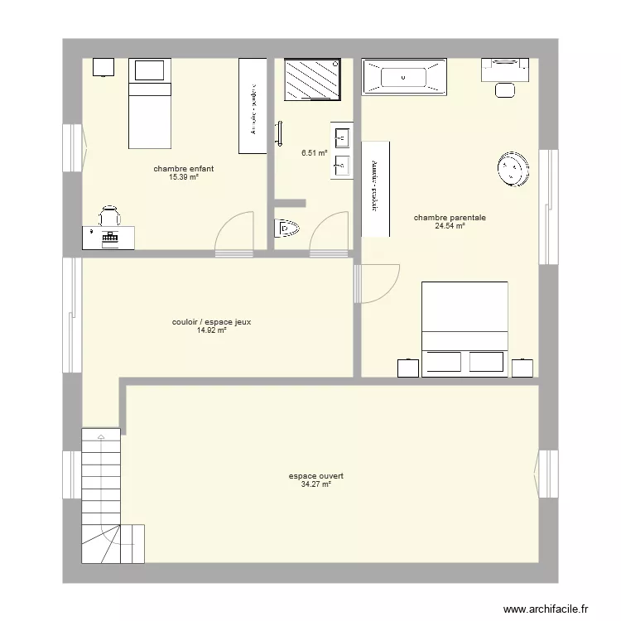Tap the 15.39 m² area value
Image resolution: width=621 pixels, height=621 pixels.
(x=183, y=177)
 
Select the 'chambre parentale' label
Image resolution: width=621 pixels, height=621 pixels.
(x=450, y=218)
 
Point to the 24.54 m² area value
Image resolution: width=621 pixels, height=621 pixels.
(x=450, y=225)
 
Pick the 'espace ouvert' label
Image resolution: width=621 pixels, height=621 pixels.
(x=316, y=476)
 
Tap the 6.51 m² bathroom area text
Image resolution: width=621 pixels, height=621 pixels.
(x=314, y=153)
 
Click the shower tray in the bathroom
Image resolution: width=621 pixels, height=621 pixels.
(x=311, y=79)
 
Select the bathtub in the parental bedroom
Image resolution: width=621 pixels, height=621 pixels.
(x=404, y=77)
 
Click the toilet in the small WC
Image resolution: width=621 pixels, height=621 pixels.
(x=286, y=228)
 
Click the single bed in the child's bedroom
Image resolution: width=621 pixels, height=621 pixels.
(x=149, y=103)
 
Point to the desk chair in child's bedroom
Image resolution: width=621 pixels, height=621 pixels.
(x=109, y=217)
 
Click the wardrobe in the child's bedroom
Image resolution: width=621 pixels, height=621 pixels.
(x=252, y=105)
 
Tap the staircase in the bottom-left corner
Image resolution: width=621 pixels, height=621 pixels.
(x=103, y=497)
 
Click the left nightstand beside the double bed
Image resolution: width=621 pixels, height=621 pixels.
(x=407, y=368)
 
